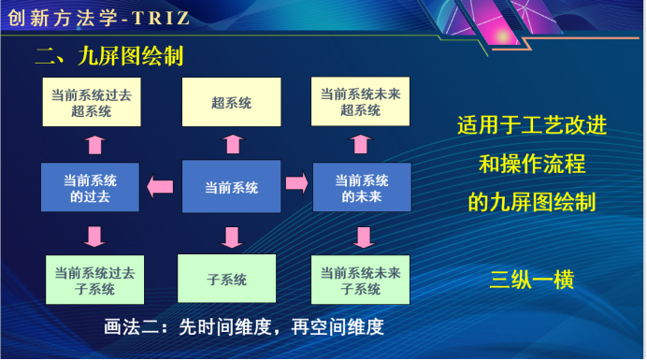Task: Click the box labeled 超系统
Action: [231, 103]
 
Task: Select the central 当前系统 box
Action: [231, 187]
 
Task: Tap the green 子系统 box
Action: [227, 280]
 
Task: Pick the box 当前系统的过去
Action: [92, 187]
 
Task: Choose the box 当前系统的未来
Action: [362, 187]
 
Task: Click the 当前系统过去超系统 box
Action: [92, 103]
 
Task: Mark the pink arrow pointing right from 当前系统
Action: [296, 181]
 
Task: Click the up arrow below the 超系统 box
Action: [232, 143]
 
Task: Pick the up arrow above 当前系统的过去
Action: [93, 144]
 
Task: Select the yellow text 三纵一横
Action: [532, 280]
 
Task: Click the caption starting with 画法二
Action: [244, 328]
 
